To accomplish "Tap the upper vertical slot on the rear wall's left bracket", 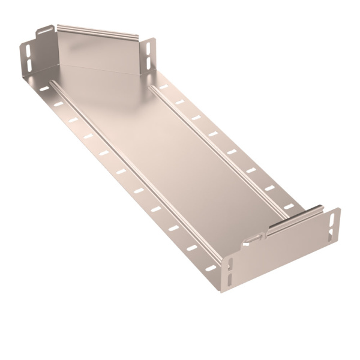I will pyautogui.click(x=28, y=48).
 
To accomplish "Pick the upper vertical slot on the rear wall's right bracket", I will pyautogui.click(x=149, y=46).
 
